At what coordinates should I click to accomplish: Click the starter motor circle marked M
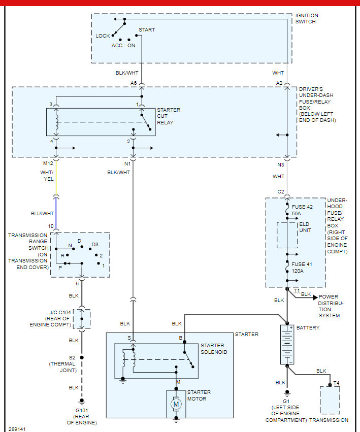[176, 404]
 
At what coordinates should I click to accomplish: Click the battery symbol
[287, 345]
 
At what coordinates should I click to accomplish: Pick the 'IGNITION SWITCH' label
[307, 18]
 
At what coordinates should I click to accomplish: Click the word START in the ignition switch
[147, 29]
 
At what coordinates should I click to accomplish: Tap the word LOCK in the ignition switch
[103, 36]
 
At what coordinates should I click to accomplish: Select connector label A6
[134, 83]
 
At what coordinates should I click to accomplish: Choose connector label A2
[279, 83]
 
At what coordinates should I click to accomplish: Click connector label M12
[48, 163]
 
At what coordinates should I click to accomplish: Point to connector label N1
[127, 163]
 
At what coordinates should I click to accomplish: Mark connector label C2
[280, 191]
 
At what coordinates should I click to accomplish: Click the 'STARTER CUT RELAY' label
[168, 116]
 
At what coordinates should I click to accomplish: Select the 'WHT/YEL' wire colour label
[47, 176]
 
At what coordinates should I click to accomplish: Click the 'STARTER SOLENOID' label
[214, 349]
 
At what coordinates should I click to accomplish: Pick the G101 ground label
[81, 410]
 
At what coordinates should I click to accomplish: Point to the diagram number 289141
[17, 428]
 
